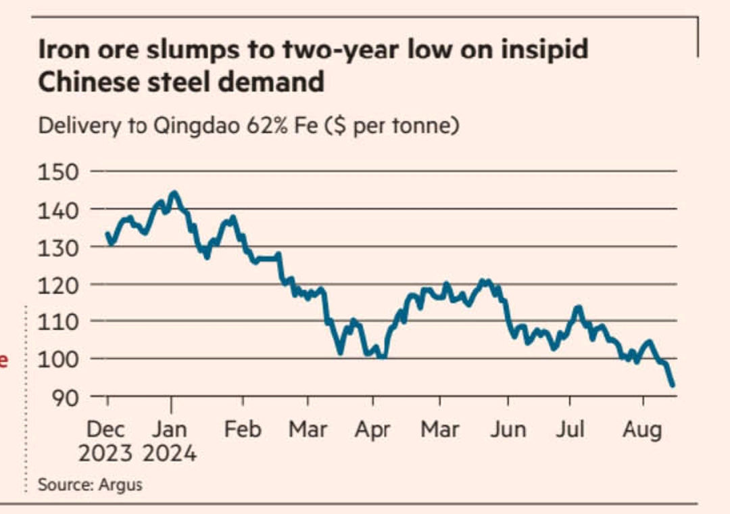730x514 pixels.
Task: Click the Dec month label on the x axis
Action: [105, 429]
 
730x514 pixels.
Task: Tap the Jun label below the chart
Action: [507, 429]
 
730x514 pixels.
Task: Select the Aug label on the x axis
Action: [642, 429]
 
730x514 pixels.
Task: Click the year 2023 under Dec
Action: [105, 452]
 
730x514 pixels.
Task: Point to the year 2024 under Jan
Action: [170, 452]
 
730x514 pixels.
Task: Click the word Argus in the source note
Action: [120, 484]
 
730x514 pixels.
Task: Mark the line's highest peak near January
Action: [174, 193]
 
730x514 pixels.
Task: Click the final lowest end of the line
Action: [673, 385]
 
